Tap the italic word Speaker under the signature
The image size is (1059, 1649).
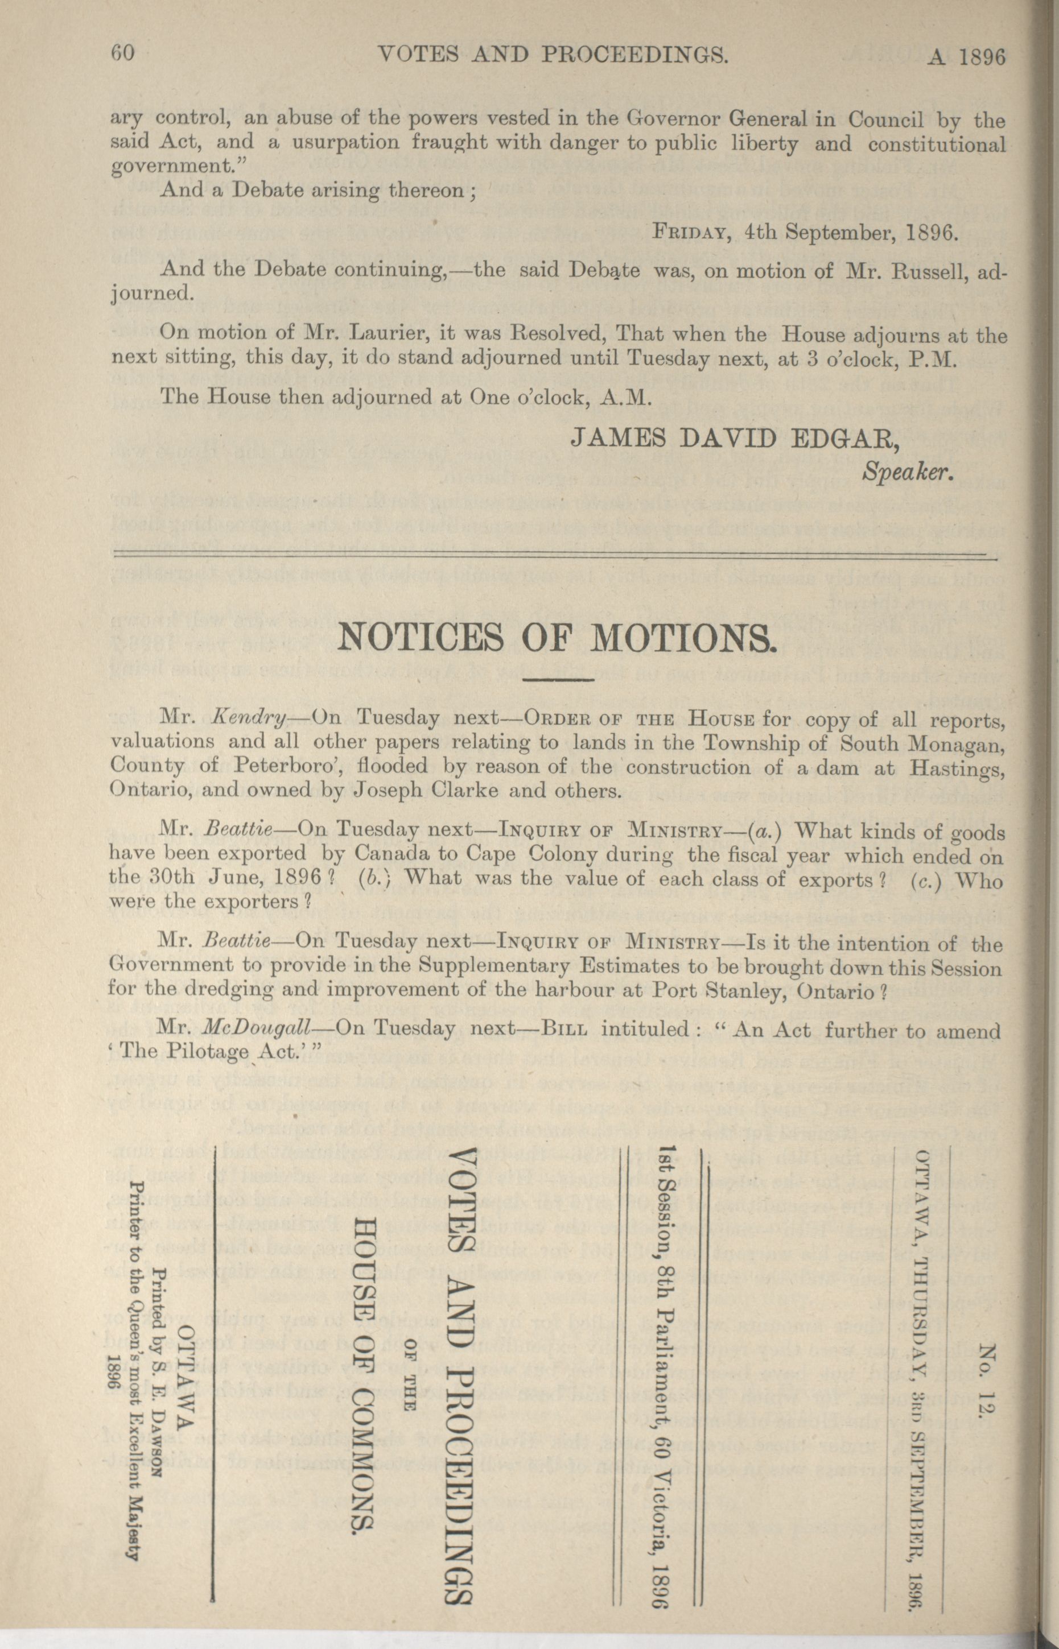pos(908,472)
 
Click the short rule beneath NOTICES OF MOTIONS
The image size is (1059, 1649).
pos(558,680)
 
